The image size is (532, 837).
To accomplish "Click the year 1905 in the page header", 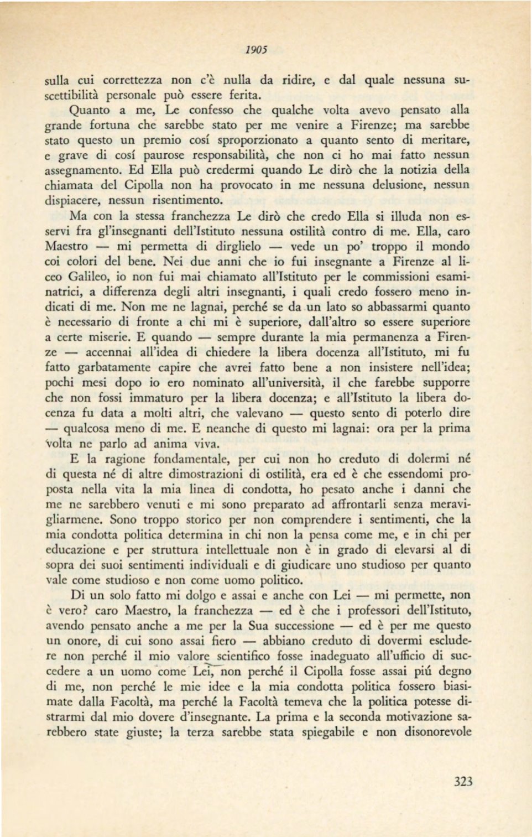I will click(x=257, y=49).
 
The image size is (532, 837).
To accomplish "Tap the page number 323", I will click(x=463, y=781).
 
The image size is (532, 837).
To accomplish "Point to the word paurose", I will click(x=164, y=155).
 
